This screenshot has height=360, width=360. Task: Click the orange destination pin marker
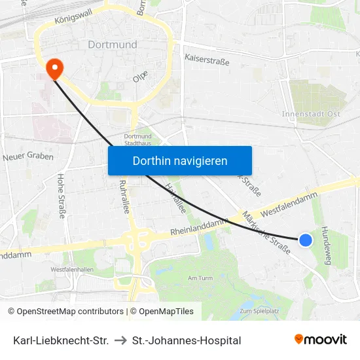(x=54, y=68)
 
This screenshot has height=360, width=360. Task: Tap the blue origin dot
(x=306, y=240)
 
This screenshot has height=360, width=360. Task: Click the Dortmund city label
(x=113, y=45)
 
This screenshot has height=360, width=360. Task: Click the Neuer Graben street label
(x=28, y=156)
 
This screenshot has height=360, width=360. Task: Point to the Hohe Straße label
(x=62, y=194)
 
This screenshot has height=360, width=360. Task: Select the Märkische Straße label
(x=266, y=232)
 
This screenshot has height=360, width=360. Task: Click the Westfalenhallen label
(x=72, y=269)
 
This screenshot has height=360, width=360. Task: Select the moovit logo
(x=320, y=340)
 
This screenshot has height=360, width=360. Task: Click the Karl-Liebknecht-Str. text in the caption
(x=61, y=340)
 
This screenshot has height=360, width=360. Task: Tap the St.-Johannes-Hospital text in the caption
(x=187, y=340)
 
